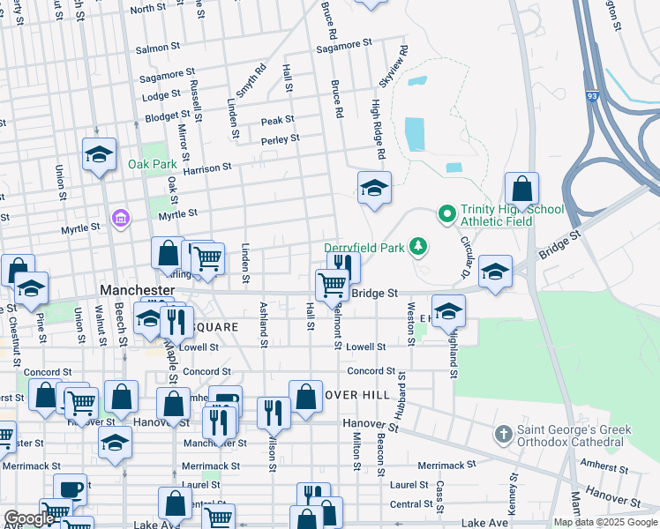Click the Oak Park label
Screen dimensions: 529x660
pos(152,164)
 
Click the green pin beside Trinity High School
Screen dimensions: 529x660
pos(446,213)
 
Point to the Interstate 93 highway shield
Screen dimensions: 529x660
pos(589,94)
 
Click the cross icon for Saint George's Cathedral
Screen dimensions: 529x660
pos(503,434)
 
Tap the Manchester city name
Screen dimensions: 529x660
pos(137,289)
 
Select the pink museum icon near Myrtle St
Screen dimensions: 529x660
pos(121,217)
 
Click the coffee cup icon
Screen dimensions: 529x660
pos(70,489)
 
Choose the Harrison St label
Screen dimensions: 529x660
pos(207,167)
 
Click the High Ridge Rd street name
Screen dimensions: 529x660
pos(377,129)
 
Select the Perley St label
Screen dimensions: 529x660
pos(280,139)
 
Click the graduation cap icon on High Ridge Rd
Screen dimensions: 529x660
pos(374,188)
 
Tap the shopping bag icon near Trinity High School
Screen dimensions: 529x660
pos(521,189)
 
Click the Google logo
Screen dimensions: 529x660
pos(28,519)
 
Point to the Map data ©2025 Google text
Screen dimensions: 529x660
pos(604,522)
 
